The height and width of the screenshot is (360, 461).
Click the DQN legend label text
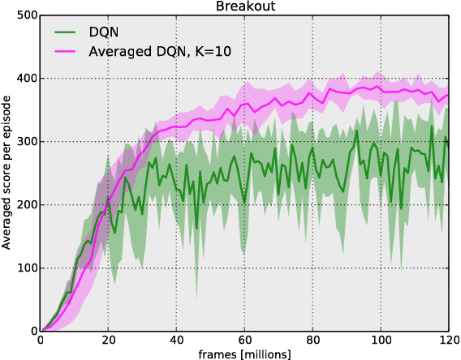[x=104, y=32]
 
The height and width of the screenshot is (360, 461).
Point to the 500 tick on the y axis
[x=25, y=15]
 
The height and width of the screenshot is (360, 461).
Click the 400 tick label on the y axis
[x=25, y=79]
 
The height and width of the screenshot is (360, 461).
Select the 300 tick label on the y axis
[x=25, y=142]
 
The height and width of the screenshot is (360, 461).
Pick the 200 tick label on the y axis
[x=25, y=205]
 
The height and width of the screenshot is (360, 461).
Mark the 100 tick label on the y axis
[x=25, y=268]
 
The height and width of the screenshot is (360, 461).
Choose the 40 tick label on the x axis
[x=176, y=341]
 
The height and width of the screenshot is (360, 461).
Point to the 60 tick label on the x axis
[x=244, y=341]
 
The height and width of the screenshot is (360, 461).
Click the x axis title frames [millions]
[x=244, y=354]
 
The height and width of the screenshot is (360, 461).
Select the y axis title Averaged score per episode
[x=7, y=174]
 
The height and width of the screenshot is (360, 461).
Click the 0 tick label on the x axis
[x=40, y=341]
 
